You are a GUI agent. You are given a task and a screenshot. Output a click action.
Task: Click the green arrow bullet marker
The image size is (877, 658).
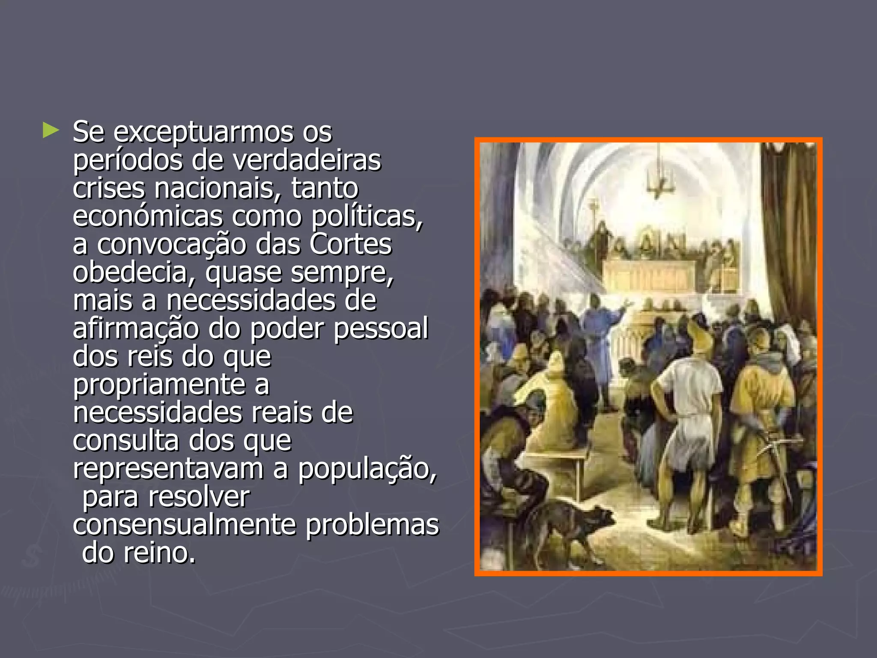click(x=51, y=130)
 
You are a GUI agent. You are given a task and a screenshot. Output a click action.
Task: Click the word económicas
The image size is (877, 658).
click(x=148, y=216)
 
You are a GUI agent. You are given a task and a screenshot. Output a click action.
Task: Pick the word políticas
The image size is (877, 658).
click(x=367, y=216)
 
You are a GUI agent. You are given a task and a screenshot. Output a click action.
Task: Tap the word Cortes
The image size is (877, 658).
click(x=350, y=244)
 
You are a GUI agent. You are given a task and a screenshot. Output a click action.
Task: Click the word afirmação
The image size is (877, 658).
click(x=136, y=329)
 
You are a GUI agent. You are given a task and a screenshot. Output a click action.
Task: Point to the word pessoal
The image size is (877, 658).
click(x=381, y=329)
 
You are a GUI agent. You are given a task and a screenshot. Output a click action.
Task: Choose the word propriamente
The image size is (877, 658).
click(x=159, y=385)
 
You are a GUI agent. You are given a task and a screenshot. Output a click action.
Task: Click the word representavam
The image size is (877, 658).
click(x=168, y=469)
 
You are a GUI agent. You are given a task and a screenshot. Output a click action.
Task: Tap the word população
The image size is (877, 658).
click(x=367, y=469)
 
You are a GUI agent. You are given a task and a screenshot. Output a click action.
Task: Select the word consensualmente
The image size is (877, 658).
click(x=184, y=525)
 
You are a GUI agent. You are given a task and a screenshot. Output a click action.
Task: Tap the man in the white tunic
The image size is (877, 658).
click(x=685, y=411)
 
